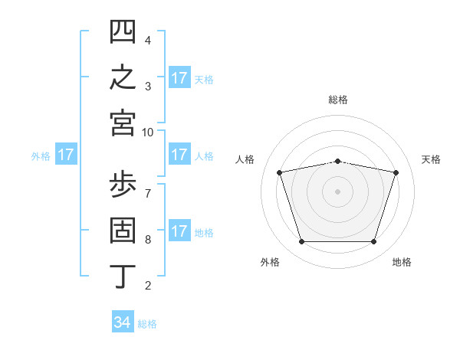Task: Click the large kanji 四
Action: click(123, 31)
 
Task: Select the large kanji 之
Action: click(123, 77)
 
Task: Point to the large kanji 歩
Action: click(123, 184)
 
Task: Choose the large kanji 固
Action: click(123, 230)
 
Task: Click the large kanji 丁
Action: click(123, 277)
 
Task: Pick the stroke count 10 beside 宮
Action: click(147, 133)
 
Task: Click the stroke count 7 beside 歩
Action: click(148, 194)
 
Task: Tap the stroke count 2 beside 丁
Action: click(148, 285)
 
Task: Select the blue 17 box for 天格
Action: click(179, 77)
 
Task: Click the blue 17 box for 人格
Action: click(179, 154)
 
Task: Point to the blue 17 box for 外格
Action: click(66, 154)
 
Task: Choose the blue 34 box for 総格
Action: click(123, 321)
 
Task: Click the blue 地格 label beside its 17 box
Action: click(204, 233)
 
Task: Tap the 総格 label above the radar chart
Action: click(338, 100)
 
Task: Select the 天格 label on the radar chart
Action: click(431, 159)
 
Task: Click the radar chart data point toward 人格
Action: click(279, 172)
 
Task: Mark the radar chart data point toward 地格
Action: click(374, 242)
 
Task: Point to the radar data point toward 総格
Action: click(337, 162)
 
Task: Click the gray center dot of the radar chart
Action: click(337, 191)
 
